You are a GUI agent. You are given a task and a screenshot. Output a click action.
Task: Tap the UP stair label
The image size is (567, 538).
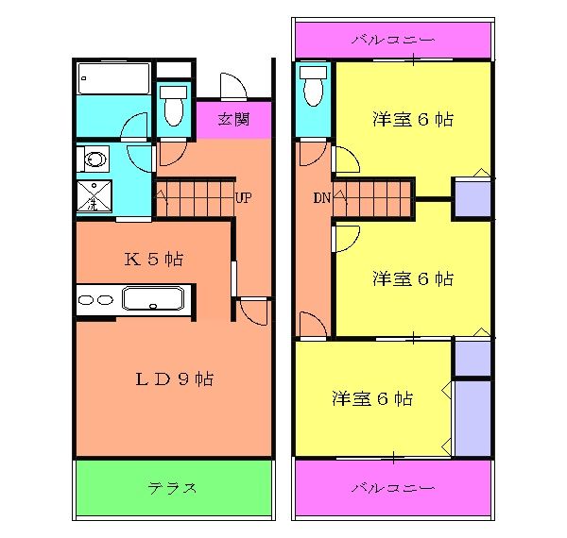(x=243, y=198)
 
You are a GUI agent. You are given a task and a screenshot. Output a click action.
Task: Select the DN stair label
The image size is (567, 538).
(x=321, y=198)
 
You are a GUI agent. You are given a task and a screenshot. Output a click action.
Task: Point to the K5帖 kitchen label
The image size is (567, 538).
(x=154, y=259)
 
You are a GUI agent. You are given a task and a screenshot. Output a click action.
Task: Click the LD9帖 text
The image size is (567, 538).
(x=172, y=379)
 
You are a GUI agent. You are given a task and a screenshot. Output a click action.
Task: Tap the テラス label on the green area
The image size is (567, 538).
(x=172, y=488)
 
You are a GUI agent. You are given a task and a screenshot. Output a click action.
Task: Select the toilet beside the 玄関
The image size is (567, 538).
(x=173, y=108)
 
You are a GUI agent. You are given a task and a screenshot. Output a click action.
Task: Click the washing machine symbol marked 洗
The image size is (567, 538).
(x=94, y=196)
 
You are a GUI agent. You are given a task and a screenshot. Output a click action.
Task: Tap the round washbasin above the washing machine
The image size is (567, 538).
(x=94, y=158)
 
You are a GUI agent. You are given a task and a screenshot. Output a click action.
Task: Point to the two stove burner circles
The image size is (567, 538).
(x=94, y=300)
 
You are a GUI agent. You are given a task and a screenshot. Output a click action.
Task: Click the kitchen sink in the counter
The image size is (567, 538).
(x=158, y=301)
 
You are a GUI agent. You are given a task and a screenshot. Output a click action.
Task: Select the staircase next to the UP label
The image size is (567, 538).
(x=194, y=199)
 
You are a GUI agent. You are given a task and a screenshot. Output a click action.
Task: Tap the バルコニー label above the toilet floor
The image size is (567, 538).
(x=392, y=40)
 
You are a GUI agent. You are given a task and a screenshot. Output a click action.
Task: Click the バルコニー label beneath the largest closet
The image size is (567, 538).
(x=392, y=488)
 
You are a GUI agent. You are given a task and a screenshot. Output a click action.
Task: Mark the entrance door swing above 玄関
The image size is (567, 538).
(x=232, y=87)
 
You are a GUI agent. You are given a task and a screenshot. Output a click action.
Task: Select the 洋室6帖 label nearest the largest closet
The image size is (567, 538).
(x=372, y=398)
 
